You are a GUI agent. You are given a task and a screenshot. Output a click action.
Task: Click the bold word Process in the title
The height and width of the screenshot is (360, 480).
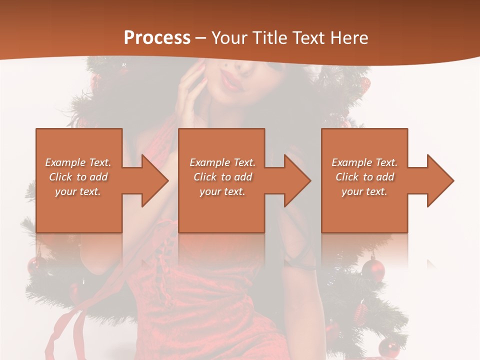point(157,38)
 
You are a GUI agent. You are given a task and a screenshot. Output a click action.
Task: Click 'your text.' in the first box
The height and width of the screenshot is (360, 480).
point(78,191)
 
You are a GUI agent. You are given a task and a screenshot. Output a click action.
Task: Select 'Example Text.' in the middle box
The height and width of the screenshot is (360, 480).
point(222,162)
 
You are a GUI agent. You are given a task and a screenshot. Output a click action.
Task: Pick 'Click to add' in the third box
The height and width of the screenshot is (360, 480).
point(365,177)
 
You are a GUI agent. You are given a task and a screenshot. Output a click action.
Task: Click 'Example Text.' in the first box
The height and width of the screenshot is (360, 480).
point(78,162)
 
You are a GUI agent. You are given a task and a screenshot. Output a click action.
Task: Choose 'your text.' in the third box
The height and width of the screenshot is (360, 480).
point(364,191)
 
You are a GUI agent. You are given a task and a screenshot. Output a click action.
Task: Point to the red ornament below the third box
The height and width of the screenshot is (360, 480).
point(373,268)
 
